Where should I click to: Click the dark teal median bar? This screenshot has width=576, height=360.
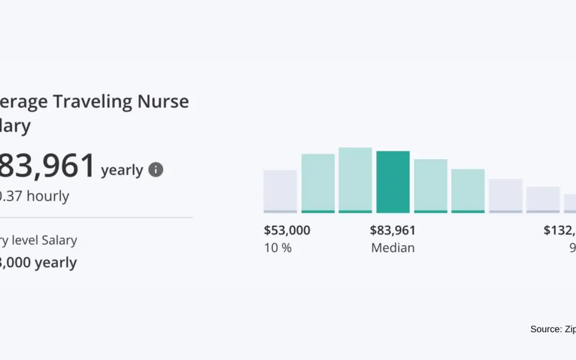coord(393,181)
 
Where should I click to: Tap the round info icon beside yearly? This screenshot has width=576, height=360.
coord(156,170)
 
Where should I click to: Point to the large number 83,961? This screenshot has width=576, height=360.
coord(48,166)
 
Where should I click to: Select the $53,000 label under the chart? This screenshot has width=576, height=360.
coord(287,230)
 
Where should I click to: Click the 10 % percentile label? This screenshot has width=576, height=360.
coord(278,248)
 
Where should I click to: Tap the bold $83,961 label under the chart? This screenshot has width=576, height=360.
coord(393,230)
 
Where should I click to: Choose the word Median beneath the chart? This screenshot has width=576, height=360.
coord(393,248)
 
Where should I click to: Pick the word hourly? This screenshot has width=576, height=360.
coord(48,196)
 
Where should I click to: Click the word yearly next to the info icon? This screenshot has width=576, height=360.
coord(122,170)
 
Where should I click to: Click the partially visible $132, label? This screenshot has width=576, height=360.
coord(559,230)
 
